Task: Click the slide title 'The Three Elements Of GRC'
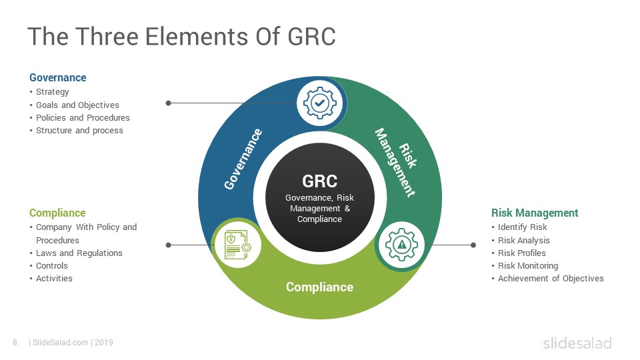[181, 36]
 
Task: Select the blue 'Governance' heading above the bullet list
[57, 77]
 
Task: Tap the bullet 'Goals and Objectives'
[77, 105]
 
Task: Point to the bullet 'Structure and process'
[79, 130]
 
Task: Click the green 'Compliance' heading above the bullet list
[57, 213]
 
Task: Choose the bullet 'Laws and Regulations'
[79, 253]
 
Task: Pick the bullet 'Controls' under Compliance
[52, 266]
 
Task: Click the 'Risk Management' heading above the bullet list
[535, 213]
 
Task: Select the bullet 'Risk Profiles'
[521, 253]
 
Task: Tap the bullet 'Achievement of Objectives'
[551, 279]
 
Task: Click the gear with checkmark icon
[320, 103]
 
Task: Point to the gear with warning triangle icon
[401, 245]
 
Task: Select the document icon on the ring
[237, 245]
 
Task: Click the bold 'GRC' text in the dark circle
[319, 181]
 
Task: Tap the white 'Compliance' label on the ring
[319, 287]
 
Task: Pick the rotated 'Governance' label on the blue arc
[243, 159]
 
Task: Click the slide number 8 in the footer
[15, 343]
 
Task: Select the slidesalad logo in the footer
[577, 343]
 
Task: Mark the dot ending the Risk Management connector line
[473, 245]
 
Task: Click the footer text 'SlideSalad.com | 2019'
[71, 343]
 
